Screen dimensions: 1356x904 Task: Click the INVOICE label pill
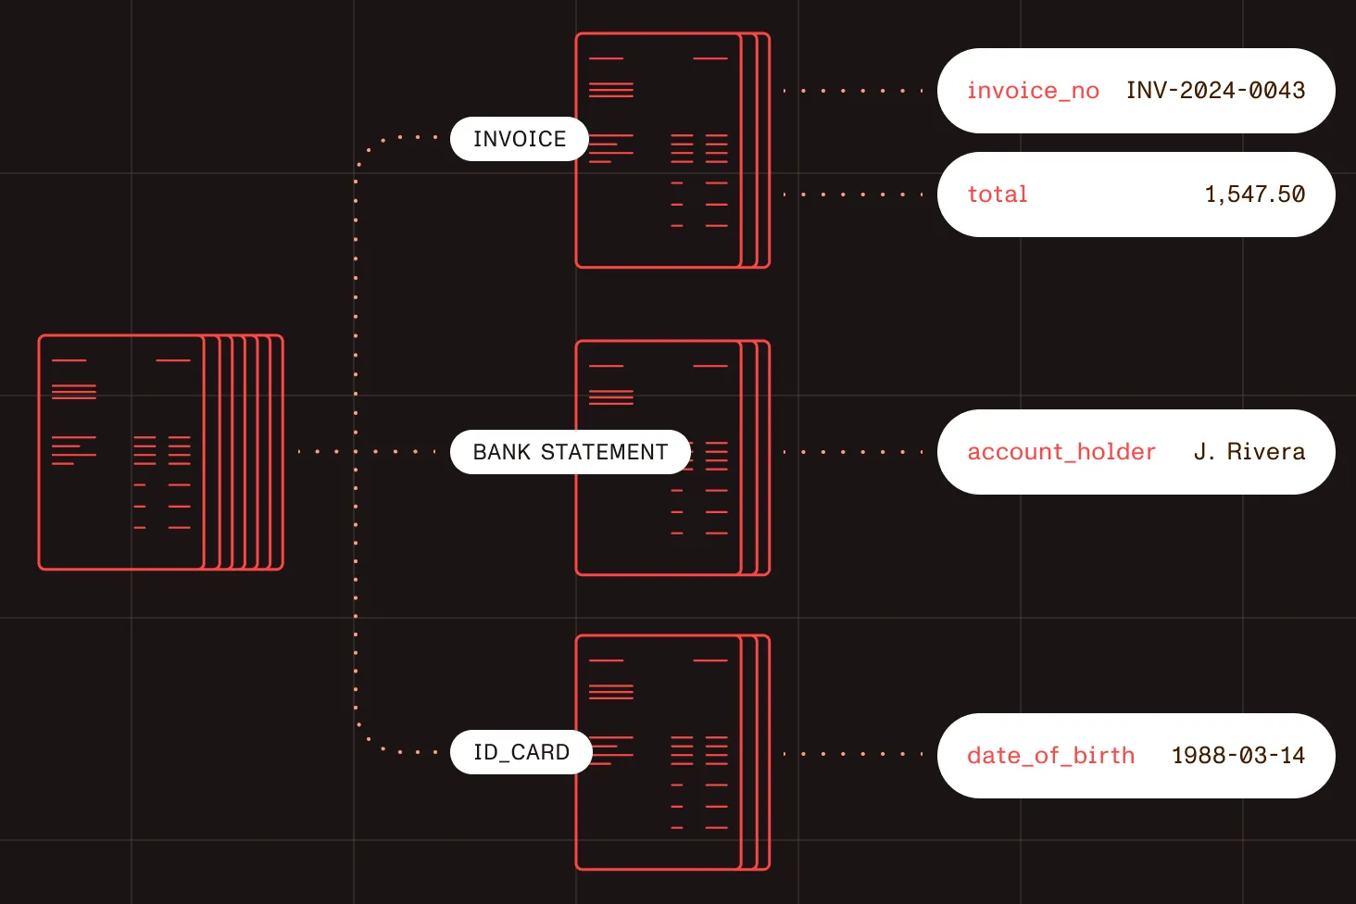coord(519,139)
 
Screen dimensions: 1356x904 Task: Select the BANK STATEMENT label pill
coord(571,452)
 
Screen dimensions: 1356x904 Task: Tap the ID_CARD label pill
coord(521,752)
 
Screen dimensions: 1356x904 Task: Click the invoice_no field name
coord(1033,91)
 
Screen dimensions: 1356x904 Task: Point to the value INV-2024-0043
coord(1215,90)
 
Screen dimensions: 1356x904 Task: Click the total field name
coord(997,194)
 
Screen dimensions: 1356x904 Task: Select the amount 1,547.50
coord(1255,195)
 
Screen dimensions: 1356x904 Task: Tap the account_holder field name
coord(1061,452)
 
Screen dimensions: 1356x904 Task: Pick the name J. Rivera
coord(1249,451)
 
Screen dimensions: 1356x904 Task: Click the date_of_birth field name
coord(1051,755)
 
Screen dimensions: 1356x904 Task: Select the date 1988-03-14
coord(1238,755)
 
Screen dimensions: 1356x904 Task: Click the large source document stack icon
coord(161,452)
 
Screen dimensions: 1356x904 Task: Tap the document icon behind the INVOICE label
coord(672,150)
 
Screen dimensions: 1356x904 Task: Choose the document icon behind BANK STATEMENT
coord(672,458)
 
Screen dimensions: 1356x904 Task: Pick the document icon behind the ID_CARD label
coord(672,753)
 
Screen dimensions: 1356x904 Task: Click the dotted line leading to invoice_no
coord(853,91)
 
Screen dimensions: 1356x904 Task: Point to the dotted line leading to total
coord(853,195)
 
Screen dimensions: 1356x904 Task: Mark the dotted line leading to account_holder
coord(853,452)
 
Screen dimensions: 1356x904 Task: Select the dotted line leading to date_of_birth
coord(853,754)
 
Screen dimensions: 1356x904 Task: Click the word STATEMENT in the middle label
coord(604,452)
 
